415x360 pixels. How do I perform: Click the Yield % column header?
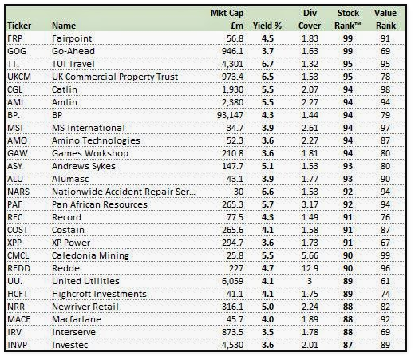[x=267, y=26]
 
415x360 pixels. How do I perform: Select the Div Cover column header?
[x=310, y=19]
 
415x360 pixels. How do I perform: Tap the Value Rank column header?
[x=385, y=19]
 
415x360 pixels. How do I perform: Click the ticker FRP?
[x=15, y=38]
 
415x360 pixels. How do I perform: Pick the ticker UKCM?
[x=19, y=77]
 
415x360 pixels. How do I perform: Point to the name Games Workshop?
[x=90, y=153]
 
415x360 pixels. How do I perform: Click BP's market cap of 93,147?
[x=231, y=115]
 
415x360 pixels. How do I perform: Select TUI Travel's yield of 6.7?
[x=267, y=64]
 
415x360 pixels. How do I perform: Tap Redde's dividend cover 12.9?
[x=310, y=268]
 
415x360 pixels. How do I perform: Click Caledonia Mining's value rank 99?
[x=385, y=255]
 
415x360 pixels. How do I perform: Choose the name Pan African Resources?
[x=100, y=204]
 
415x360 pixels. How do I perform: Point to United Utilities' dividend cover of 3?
[x=310, y=281]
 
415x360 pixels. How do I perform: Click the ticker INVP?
[x=18, y=345]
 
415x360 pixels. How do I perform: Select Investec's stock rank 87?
[x=348, y=345]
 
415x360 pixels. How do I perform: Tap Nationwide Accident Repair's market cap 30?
[x=239, y=192]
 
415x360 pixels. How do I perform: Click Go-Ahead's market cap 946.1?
[x=233, y=51]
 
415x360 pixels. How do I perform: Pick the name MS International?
[x=89, y=128]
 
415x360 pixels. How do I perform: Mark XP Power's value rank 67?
[x=385, y=243]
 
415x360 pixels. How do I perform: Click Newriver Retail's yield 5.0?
[x=267, y=307]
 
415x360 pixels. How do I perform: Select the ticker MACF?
[x=18, y=319]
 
